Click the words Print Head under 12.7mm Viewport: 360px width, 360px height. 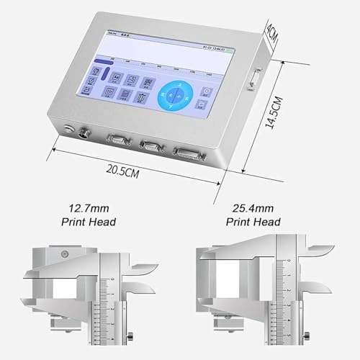[89, 222]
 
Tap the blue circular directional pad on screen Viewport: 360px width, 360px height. [174, 95]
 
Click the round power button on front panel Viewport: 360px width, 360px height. [68, 130]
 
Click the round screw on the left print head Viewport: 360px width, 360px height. [65, 253]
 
